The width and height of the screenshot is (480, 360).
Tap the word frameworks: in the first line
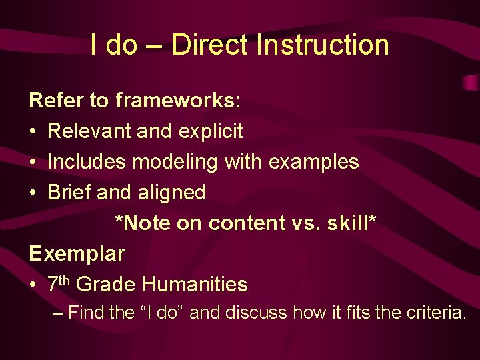(179, 101)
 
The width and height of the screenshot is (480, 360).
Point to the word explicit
(211, 131)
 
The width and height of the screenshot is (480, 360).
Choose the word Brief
(69, 193)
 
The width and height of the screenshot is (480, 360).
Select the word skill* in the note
(352, 223)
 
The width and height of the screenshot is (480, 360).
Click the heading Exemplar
(77, 254)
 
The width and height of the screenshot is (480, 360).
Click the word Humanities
(195, 285)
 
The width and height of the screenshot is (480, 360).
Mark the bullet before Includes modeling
(33, 163)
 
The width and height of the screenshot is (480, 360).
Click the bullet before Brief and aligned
(33, 193)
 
